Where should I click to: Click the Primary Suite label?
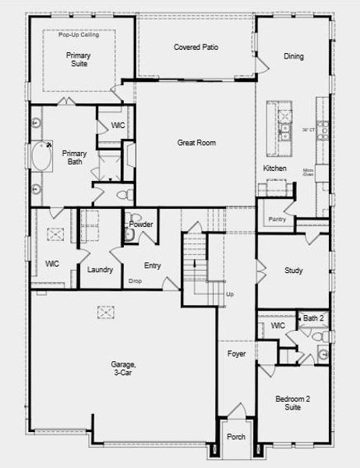(x=76, y=59)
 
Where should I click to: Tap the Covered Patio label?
(x=196, y=48)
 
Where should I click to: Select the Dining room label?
(x=294, y=56)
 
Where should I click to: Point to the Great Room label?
(x=196, y=143)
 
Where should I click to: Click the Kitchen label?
(x=274, y=168)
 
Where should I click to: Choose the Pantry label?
(x=277, y=219)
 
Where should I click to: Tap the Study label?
(x=293, y=271)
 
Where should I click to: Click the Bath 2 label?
(x=313, y=318)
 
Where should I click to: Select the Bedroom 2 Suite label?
(x=293, y=403)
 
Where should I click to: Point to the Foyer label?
(x=236, y=354)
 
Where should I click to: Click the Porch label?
(x=235, y=437)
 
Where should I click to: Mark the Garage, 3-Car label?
(x=123, y=369)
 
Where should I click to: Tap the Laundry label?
(x=101, y=270)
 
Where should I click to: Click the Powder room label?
(x=141, y=225)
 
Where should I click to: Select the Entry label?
(x=152, y=265)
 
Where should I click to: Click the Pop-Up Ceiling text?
(x=78, y=35)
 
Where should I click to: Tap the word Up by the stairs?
(x=229, y=294)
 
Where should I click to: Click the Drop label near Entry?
(x=135, y=281)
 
